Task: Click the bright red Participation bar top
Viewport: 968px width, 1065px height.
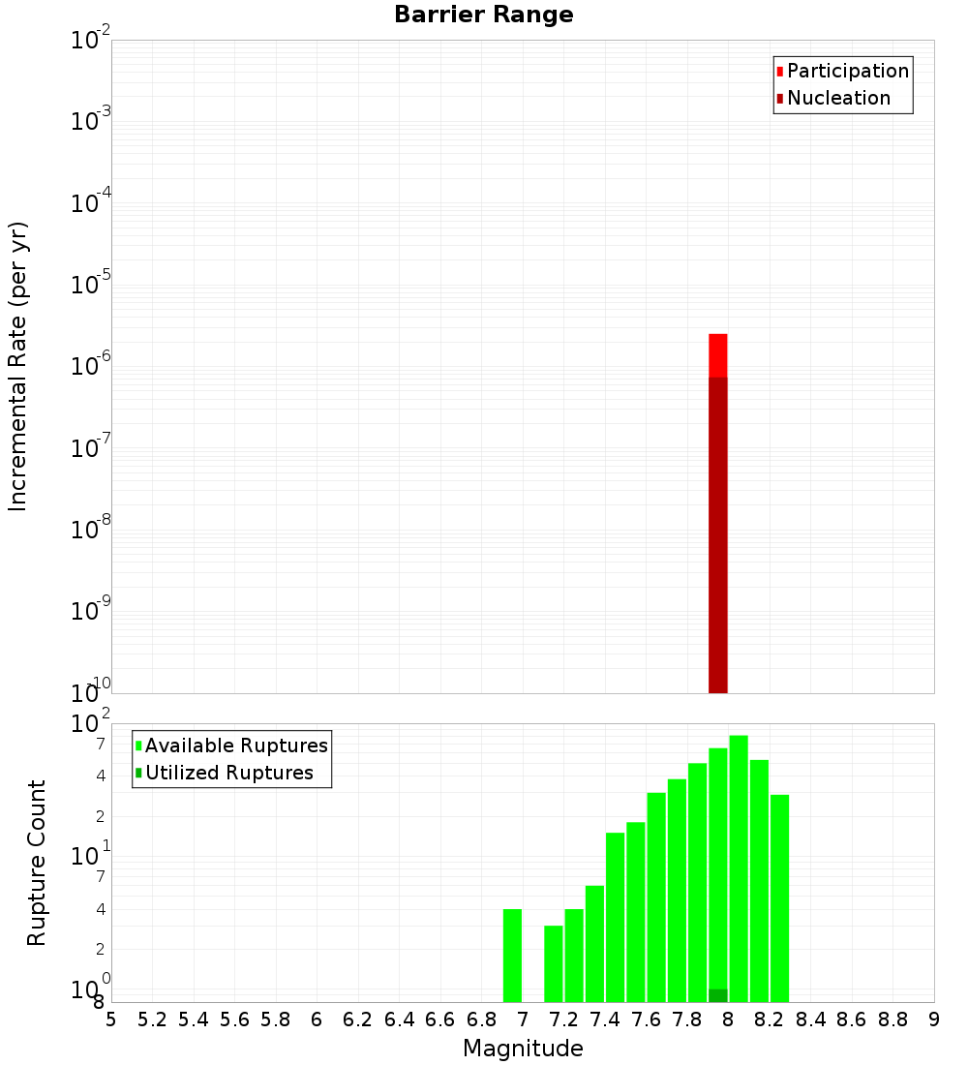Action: coord(717,354)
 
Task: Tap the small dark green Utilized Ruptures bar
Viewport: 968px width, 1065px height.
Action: coord(717,995)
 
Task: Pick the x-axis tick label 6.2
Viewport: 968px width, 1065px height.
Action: coord(358,1019)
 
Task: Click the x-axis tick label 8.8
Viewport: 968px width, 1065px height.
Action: coord(892,1019)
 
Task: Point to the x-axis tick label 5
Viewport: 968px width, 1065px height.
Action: coord(111,1019)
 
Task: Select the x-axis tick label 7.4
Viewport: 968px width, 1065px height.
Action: coord(605,1019)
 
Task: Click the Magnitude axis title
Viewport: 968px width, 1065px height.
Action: coord(523,1049)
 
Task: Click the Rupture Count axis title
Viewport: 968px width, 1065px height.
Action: coord(37,863)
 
